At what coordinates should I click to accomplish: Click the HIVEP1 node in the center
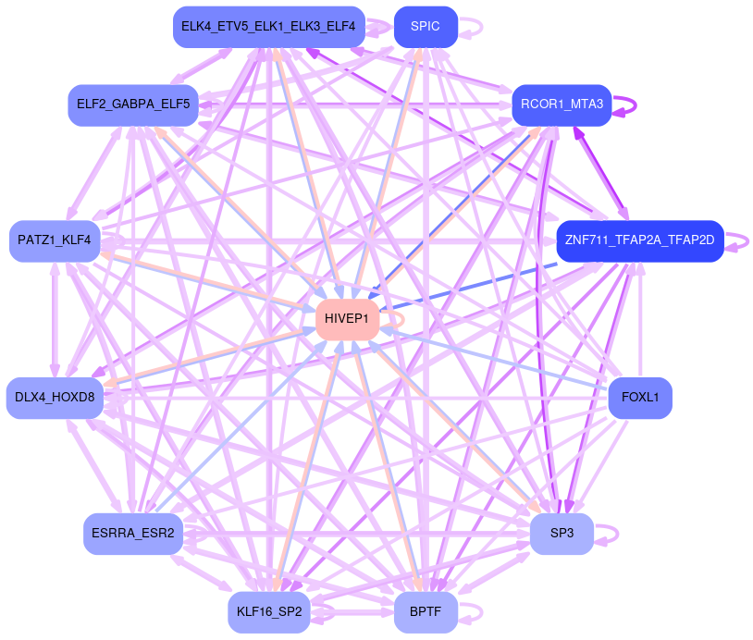coord(347,319)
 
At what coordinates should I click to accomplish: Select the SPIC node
coord(426,26)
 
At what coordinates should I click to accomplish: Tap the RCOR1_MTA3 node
coord(561,104)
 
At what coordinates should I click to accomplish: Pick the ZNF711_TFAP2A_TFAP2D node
coord(638,240)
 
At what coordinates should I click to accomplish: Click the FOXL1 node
coord(639,398)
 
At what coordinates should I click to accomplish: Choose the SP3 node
coord(562,534)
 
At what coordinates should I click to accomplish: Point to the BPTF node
coord(426,611)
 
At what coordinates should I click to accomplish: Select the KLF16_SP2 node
coord(268,611)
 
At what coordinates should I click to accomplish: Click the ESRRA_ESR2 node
coord(132,534)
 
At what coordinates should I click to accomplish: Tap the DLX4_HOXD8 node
coord(55,398)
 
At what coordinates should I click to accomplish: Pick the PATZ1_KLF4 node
coord(55,240)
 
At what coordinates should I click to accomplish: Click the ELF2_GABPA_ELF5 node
coord(132,104)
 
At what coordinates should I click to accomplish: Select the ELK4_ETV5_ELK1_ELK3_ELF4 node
coord(268,26)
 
